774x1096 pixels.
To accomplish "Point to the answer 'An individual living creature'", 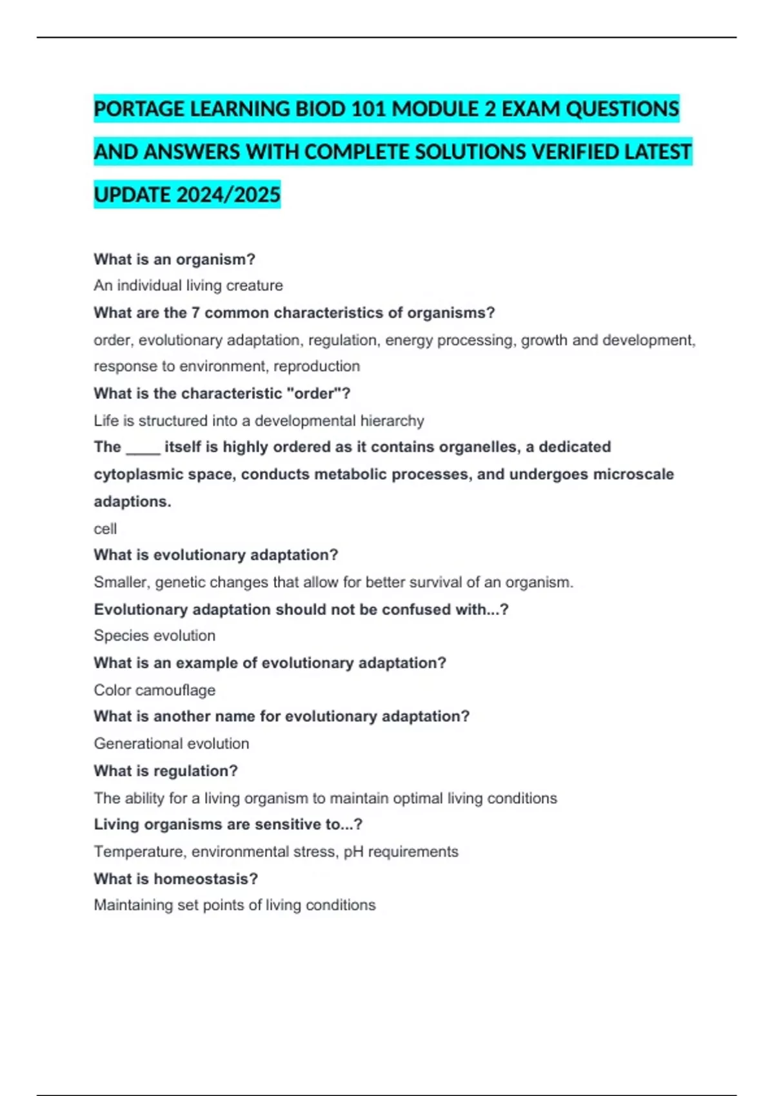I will click(x=188, y=286).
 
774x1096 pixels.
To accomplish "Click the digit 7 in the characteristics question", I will click(x=195, y=313).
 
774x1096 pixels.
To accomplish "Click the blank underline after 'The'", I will click(x=143, y=447).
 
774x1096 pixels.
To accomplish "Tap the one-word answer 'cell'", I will click(x=105, y=529).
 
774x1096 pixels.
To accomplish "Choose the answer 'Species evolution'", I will click(x=155, y=636).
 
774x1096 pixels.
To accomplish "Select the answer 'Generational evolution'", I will click(x=172, y=744).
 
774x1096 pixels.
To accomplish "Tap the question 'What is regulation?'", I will click(x=166, y=771).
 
